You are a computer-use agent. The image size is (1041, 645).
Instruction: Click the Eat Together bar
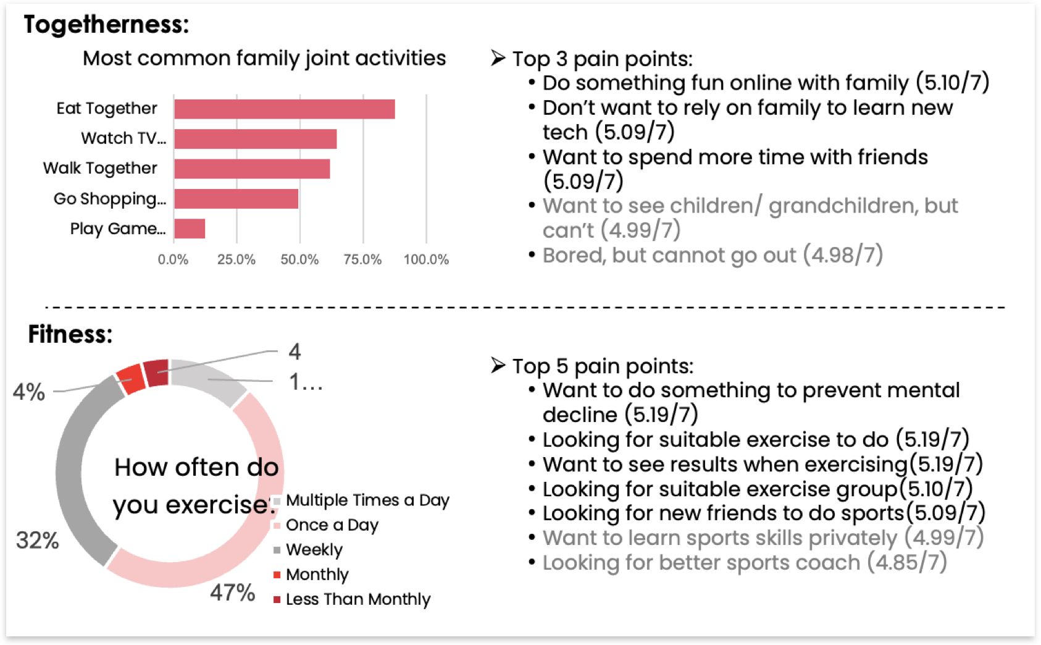click(284, 109)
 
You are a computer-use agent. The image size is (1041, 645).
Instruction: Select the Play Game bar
click(190, 229)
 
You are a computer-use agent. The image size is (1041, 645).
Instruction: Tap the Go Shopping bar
click(236, 199)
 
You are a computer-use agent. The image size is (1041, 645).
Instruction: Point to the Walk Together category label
click(100, 168)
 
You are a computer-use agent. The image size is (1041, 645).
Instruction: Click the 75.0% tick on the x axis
click(362, 259)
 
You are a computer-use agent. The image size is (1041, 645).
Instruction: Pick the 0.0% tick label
click(173, 259)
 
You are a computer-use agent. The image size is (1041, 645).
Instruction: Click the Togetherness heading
click(106, 25)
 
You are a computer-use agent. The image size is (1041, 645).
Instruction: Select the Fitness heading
click(70, 334)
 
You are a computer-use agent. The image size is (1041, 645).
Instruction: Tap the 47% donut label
click(232, 592)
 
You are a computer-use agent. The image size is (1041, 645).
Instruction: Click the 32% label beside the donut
click(38, 541)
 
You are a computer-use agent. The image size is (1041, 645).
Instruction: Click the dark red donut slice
click(157, 373)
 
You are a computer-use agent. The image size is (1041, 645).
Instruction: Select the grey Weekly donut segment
click(77, 476)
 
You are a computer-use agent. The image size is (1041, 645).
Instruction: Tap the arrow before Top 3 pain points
click(498, 58)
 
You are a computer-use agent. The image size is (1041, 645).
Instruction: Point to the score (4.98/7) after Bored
click(843, 255)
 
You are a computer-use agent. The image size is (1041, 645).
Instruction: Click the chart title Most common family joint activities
click(264, 58)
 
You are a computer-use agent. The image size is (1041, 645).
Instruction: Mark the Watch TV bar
click(255, 139)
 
